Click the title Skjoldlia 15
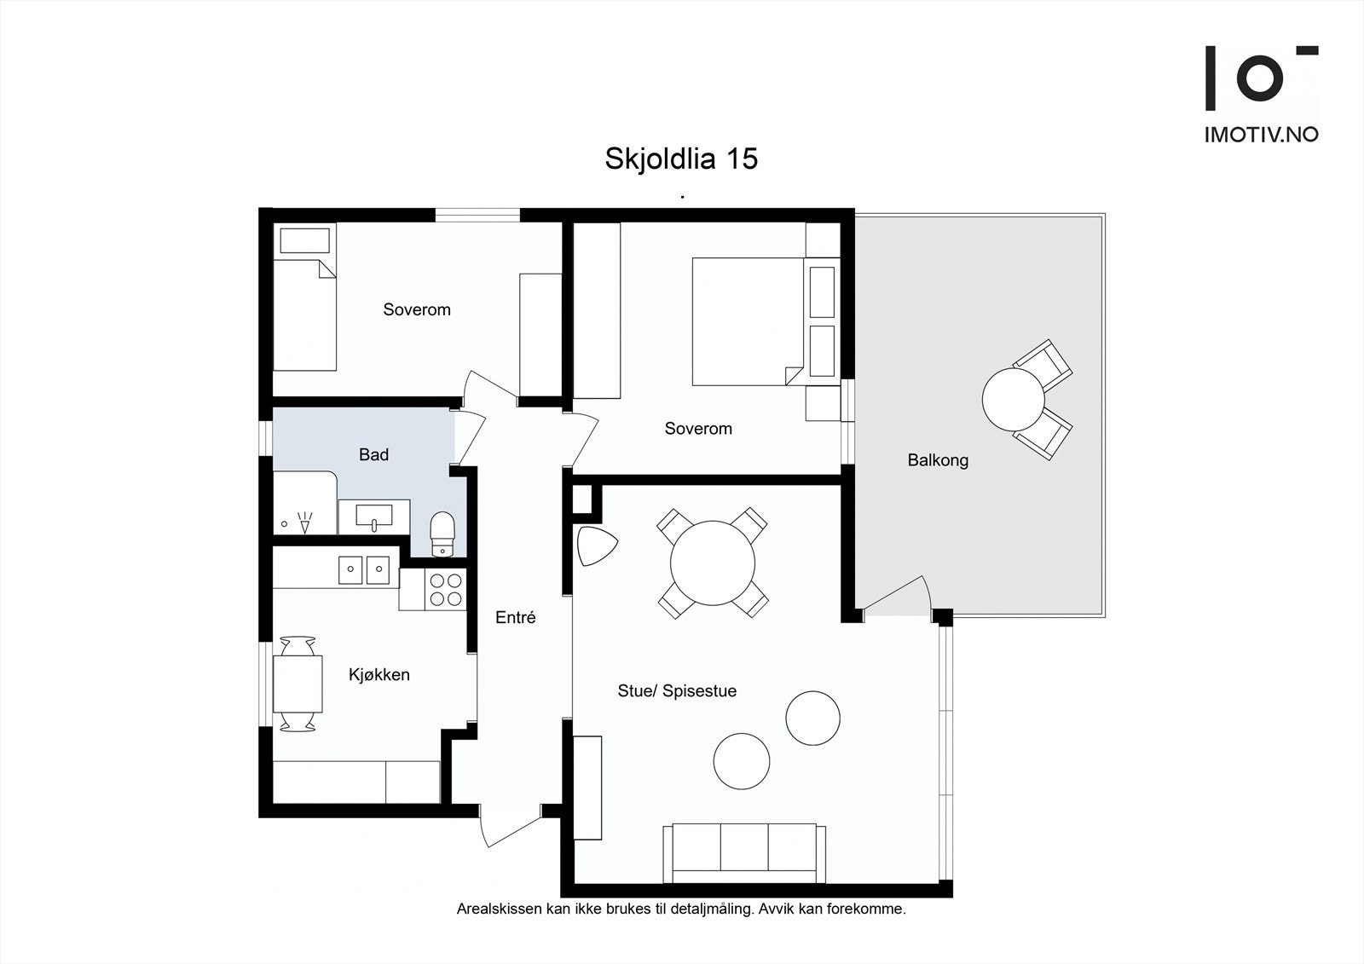(681, 159)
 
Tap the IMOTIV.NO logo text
(1261, 134)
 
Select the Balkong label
(938, 460)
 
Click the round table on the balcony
(1013, 399)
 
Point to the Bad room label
(373, 455)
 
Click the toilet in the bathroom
(442, 533)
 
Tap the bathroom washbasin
(374, 517)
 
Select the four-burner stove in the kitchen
(444, 589)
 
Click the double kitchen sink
(364, 569)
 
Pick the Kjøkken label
(379, 675)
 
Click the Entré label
(515, 618)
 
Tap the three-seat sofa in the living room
(744, 852)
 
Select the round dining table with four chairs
(713, 563)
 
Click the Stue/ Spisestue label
(677, 691)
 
